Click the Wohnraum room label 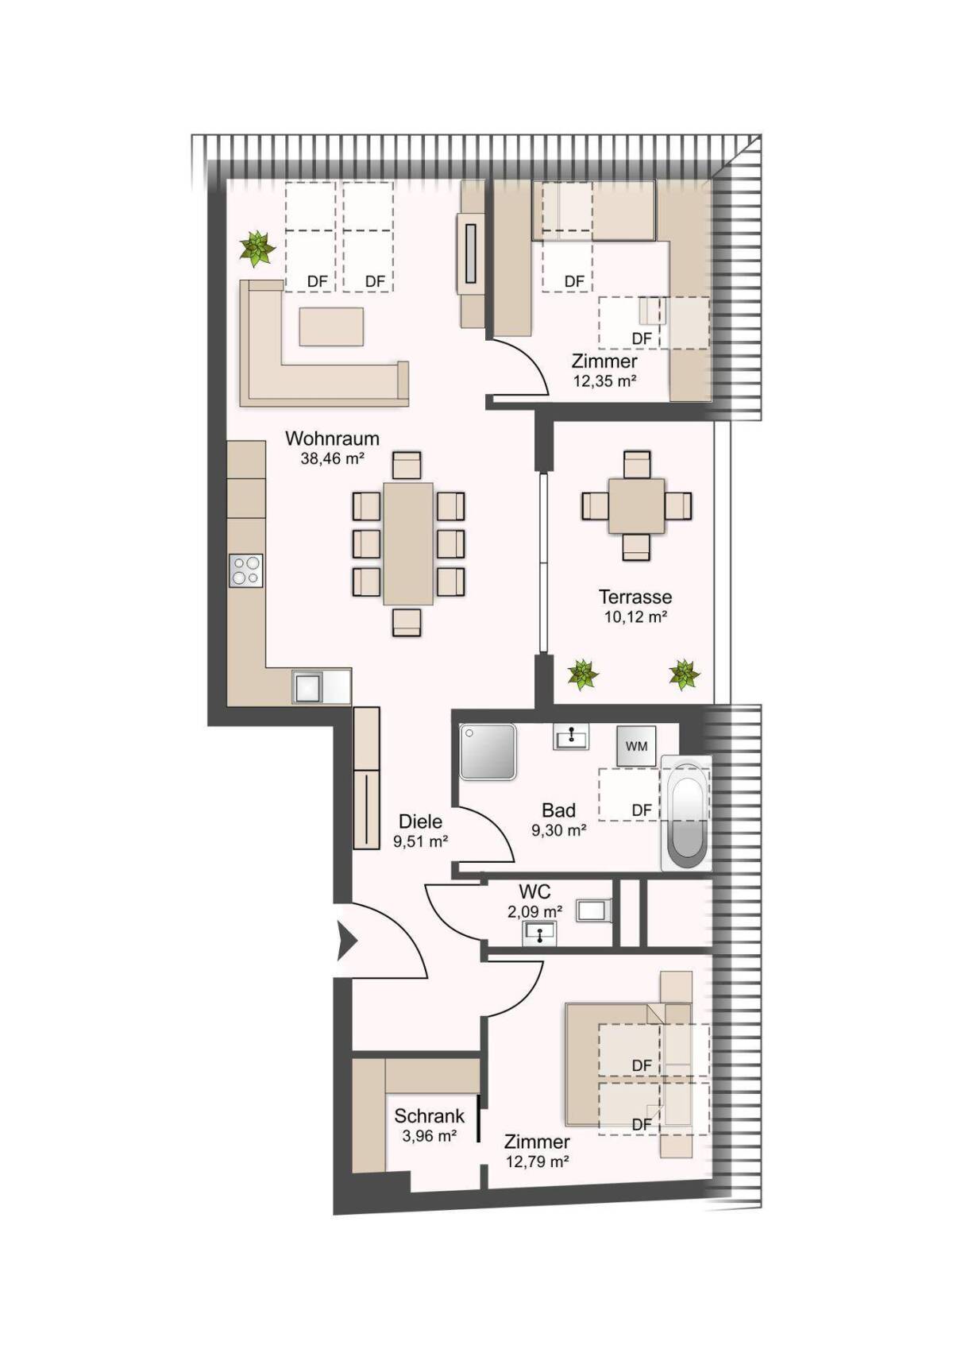[332, 437]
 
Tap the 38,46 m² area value [332, 458]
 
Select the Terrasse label [635, 597]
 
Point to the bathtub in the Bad [685, 814]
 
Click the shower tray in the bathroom [488, 753]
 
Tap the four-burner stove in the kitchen [246, 570]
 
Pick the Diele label [420, 821]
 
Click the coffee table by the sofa [331, 327]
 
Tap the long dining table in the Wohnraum [409, 543]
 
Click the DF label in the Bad [642, 810]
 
